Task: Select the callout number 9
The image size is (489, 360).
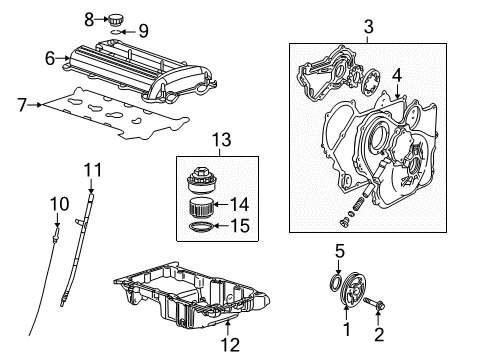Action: tap(143, 31)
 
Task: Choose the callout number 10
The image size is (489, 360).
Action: tap(56, 204)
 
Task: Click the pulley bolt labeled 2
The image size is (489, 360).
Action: tap(380, 303)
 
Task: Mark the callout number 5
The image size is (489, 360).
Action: tap(338, 251)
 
